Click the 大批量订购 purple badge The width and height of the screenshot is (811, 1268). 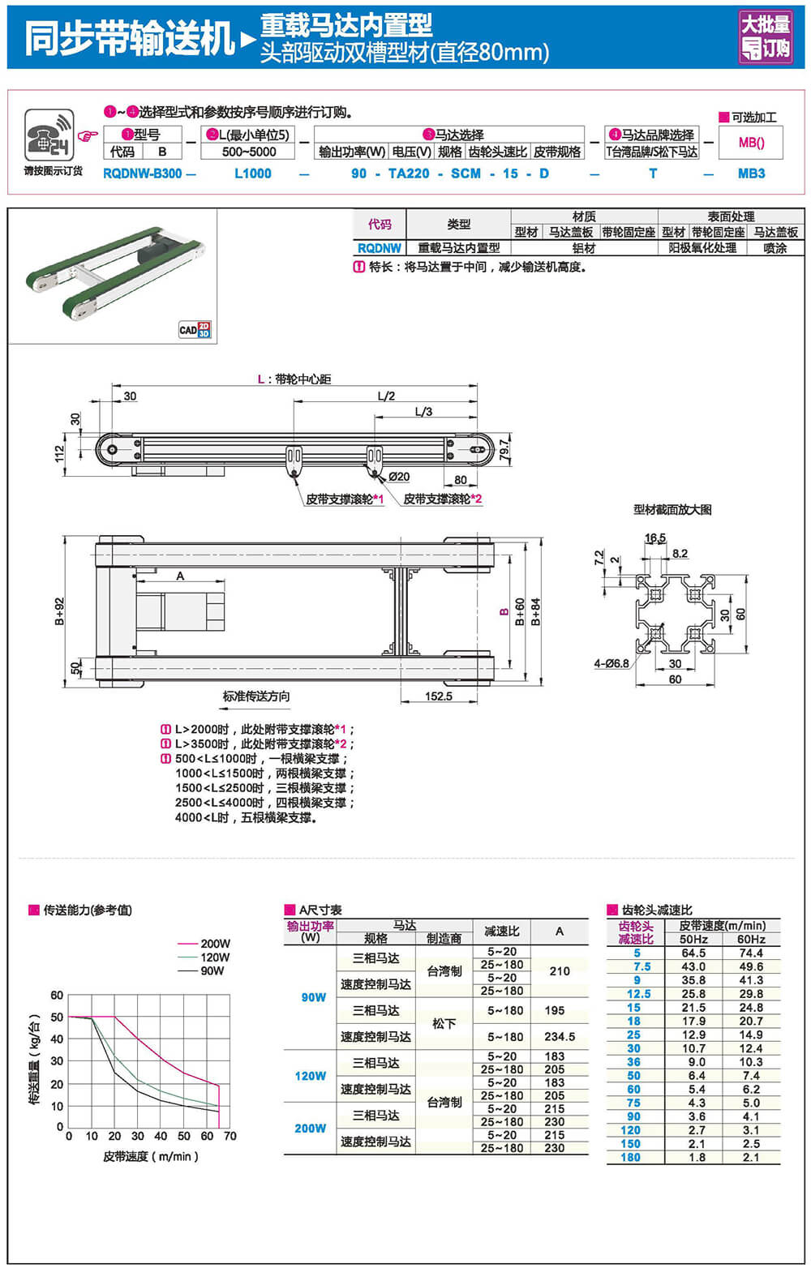tap(766, 36)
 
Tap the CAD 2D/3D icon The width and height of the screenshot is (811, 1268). tap(195, 329)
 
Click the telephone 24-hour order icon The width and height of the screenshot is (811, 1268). tap(49, 135)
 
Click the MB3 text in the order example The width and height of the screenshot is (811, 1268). tap(751, 173)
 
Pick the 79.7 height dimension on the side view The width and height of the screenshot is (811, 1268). tap(504, 451)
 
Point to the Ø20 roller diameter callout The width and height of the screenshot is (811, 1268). tap(398, 477)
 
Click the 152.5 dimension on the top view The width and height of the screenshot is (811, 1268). tap(438, 696)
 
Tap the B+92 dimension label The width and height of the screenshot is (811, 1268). tap(59, 612)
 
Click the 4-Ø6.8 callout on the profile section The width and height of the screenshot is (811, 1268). tap(611, 663)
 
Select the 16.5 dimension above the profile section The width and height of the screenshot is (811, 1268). tap(655, 538)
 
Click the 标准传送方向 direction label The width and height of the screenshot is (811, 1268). tap(255, 696)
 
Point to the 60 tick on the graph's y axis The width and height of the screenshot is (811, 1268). tap(57, 995)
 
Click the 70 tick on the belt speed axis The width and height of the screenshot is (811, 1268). tap(230, 1136)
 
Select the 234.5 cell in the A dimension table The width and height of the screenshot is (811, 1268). tap(559, 1037)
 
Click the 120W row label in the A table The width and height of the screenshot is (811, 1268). tap(310, 1076)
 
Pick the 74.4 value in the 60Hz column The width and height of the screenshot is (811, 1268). tap(751, 953)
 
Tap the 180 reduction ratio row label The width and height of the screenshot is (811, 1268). tap(630, 1158)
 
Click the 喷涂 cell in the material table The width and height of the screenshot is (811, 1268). tap(775, 248)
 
